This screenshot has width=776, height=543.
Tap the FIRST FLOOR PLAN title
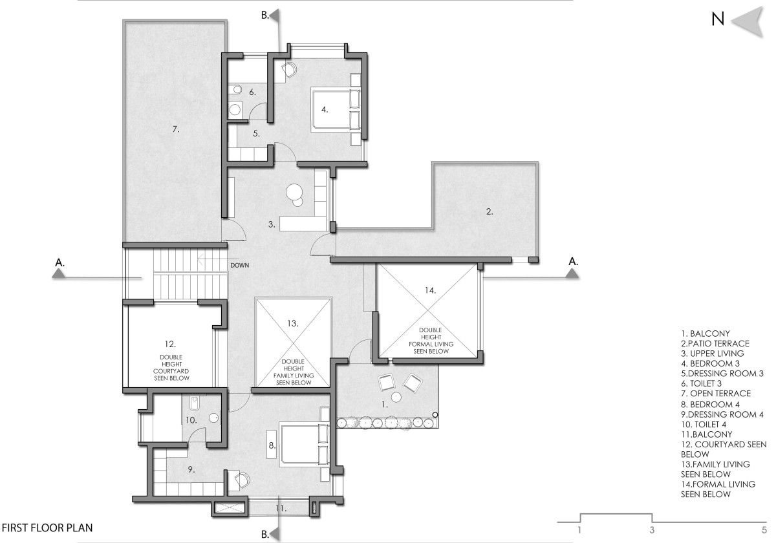[x=47, y=527]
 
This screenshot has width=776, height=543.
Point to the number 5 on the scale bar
[x=764, y=530]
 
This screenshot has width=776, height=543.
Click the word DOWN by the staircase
[x=240, y=265]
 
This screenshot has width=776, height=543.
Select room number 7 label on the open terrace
[x=176, y=129]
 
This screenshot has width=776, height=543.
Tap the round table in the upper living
[x=295, y=191]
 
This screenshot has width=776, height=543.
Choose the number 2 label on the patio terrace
[x=490, y=211]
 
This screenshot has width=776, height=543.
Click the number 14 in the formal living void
[x=430, y=290]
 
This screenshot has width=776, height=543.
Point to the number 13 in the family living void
[x=293, y=323]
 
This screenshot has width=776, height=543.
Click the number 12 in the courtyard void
[x=170, y=344]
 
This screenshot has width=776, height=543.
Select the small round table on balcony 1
[x=396, y=397]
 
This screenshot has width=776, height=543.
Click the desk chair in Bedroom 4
[x=242, y=480]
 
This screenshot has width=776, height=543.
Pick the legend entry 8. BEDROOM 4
[x=710, y=404]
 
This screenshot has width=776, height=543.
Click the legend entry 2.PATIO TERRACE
[x=715, y=343]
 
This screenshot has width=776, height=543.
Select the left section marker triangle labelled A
[x=59, y=274]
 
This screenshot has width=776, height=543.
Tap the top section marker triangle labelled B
[x=275, y=16]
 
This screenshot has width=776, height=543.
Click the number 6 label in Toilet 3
[x=253, y=92]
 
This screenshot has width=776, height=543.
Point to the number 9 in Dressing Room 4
[x=191, y=469]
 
